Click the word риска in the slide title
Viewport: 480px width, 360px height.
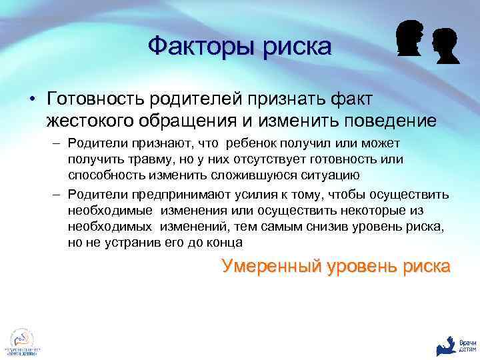295,47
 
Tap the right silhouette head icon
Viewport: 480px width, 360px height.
445,45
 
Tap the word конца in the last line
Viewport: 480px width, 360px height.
225,242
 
